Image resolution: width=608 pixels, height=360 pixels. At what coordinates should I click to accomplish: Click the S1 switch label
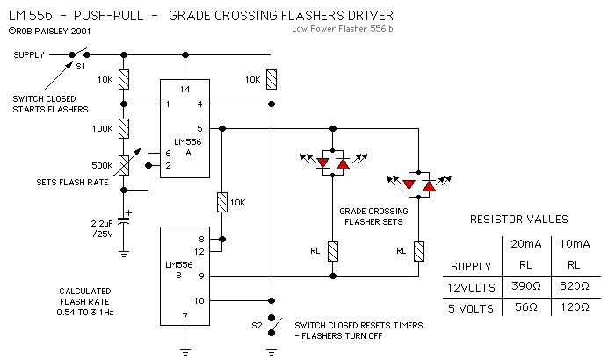[x=79, y=66]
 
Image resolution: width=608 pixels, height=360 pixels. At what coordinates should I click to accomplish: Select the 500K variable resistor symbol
[x=125, y=164]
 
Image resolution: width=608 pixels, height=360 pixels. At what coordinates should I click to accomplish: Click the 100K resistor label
[x=104, y=128]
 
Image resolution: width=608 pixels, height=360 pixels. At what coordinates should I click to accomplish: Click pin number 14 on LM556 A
[x=185, y=90]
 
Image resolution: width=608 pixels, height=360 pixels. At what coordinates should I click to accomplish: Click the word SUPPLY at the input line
[x=28, y=54]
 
